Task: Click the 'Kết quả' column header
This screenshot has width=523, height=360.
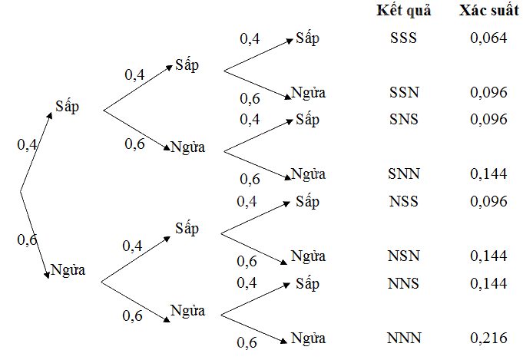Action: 404,11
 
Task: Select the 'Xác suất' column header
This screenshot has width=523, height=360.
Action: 489,10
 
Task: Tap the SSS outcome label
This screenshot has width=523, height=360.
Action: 403,38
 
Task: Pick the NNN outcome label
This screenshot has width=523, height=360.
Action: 404,338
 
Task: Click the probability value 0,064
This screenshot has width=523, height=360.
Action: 488,38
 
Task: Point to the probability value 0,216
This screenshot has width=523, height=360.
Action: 488,338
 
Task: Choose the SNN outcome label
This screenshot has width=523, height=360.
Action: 404,173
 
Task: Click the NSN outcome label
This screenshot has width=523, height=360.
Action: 404,256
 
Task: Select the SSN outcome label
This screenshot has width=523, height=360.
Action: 404,92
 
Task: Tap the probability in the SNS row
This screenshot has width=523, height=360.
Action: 488,119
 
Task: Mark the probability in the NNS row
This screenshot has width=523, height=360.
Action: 488,283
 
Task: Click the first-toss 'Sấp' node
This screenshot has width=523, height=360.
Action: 67,107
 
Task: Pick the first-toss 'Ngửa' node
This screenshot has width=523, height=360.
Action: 68,270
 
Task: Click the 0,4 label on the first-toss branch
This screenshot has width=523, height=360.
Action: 27,145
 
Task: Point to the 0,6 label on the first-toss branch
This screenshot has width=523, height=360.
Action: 27,240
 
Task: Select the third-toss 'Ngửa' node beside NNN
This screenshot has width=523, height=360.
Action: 308,339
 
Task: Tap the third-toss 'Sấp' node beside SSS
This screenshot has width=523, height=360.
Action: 307,38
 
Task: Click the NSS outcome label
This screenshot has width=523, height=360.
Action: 404,201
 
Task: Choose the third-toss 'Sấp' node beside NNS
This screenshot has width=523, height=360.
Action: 307,284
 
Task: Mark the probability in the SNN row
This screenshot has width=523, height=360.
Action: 488,173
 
